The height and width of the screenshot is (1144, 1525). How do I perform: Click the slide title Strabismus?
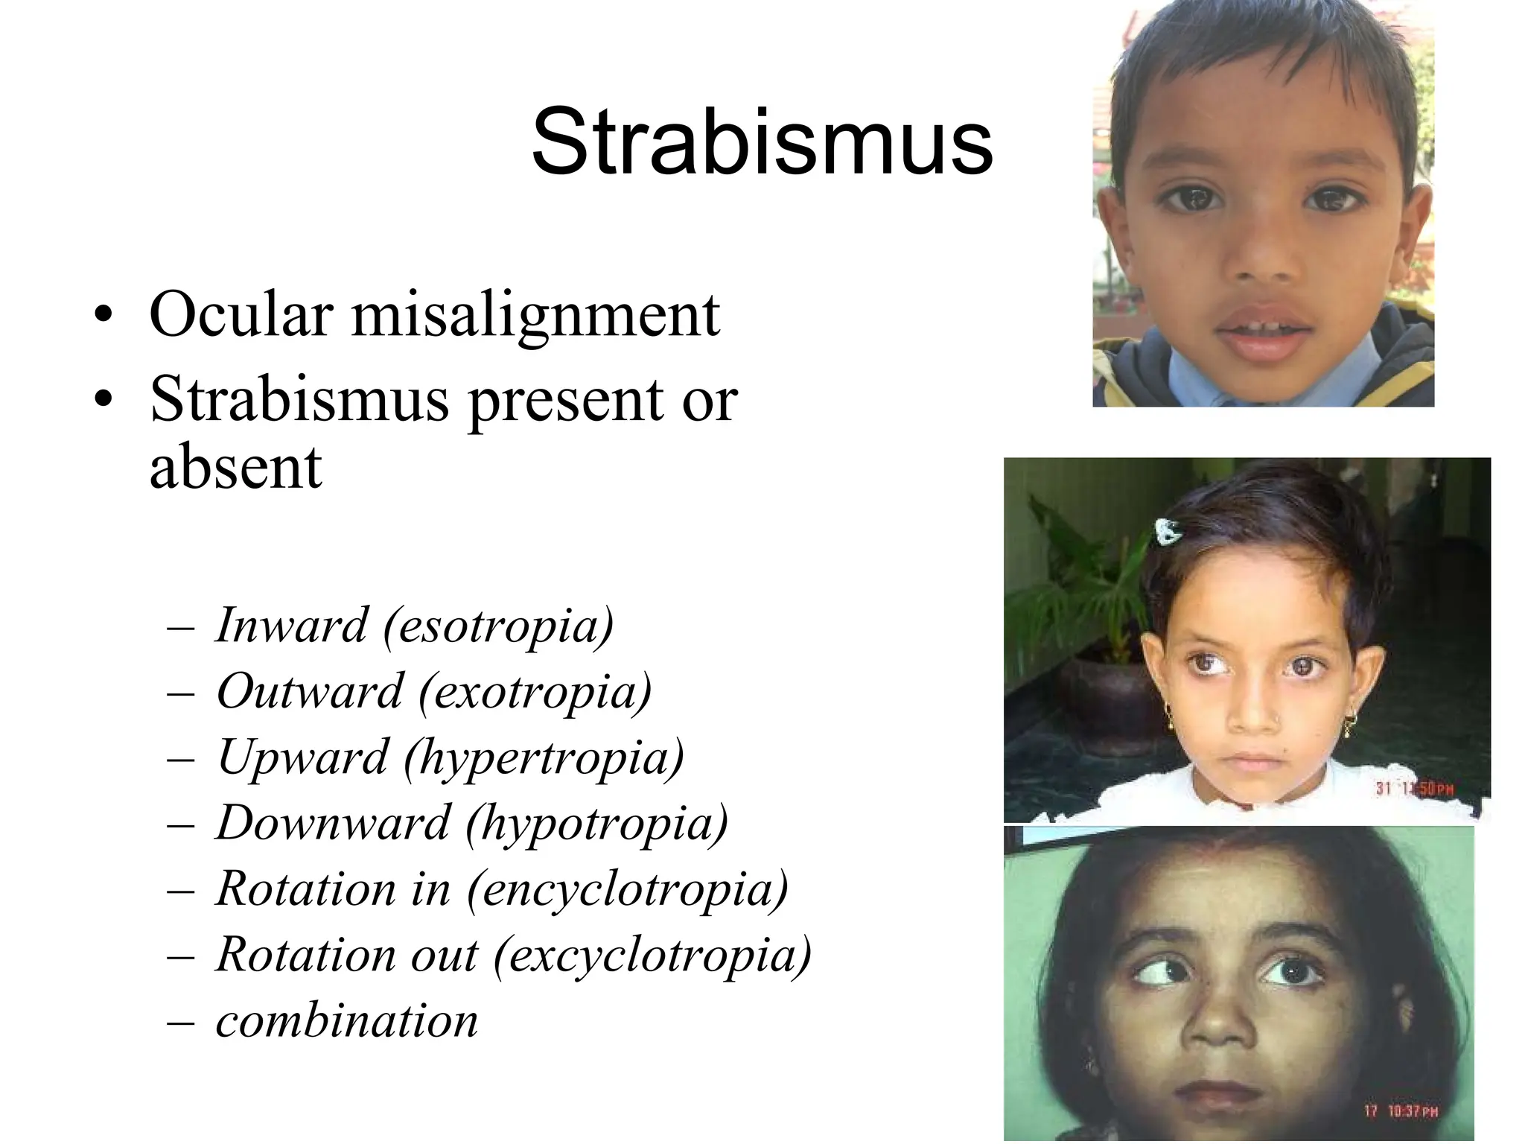coord(762,142)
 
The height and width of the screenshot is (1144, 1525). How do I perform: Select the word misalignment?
coord(535,316)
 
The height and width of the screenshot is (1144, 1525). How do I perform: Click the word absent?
coord(235,467)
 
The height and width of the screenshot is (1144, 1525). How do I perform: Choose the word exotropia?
coord(535,692)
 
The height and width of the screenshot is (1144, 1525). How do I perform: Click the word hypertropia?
coord(544,758)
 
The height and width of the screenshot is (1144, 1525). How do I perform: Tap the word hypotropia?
coord(597,824)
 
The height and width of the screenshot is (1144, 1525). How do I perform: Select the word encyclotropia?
coord(628,889)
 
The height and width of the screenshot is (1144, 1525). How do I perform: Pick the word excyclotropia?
coord(652,955)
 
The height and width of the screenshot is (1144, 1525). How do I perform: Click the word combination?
coord(347,1020)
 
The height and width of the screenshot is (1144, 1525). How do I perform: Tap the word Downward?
coord(333,823)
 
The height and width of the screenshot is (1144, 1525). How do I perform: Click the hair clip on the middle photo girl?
coord(1168,530)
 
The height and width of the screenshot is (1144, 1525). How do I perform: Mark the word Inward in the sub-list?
coord(292,625)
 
